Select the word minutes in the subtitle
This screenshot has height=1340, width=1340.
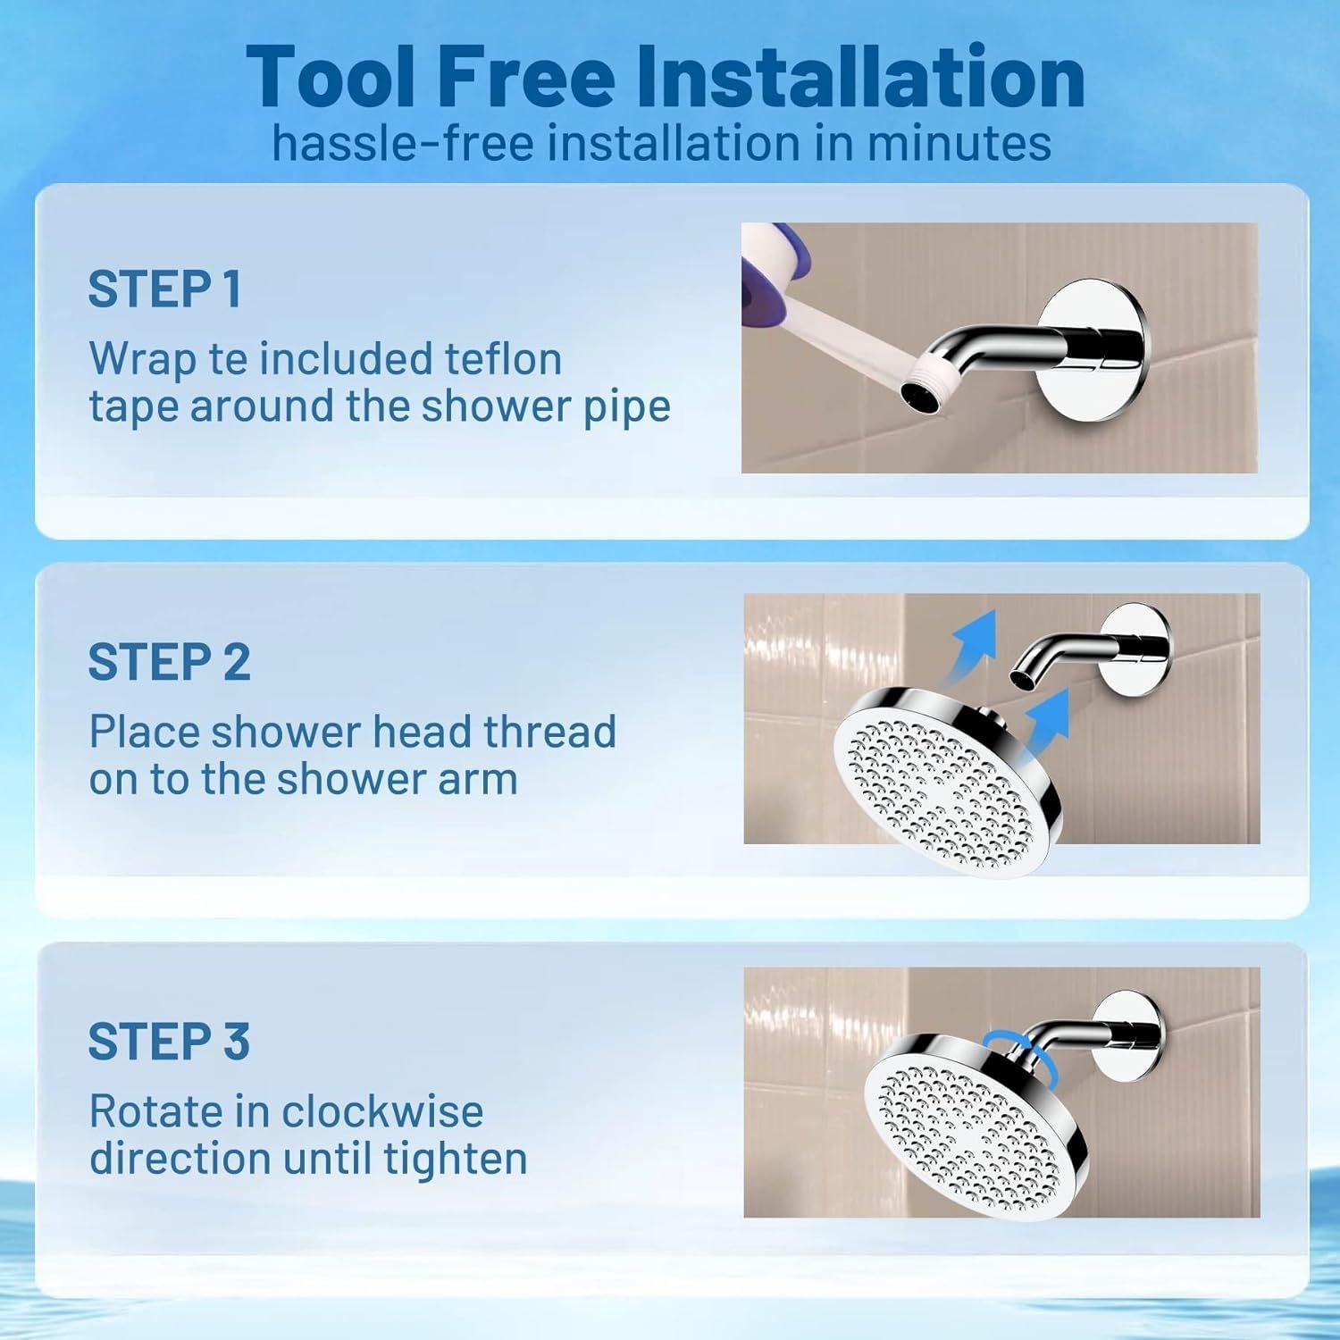[x=959, y=143]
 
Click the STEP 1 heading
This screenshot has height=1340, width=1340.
[x=164, y=289]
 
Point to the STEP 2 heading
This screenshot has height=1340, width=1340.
[x=169, y=662]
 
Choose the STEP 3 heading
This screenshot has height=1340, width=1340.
[x=169, y=1042]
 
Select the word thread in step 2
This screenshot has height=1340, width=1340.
[x=549, y=732]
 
